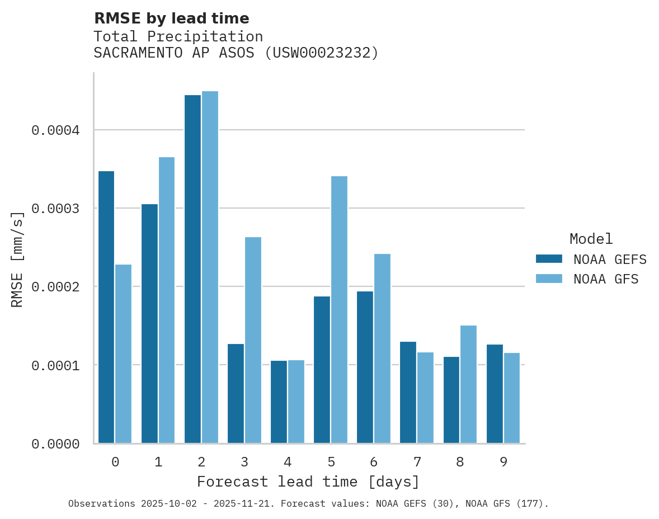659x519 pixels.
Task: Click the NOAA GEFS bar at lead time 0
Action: coord(106,307)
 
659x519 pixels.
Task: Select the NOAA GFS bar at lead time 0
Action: coord(124,353)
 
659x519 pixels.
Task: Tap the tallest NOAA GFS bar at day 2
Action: coord(210,267)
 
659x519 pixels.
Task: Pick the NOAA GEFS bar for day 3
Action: coord(236,393)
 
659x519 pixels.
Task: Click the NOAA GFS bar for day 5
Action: coord(339,309)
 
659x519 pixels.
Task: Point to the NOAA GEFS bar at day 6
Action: coord(365,367)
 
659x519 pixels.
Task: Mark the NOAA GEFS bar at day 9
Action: coord(495,394)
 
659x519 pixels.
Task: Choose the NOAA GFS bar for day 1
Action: coord(167,300)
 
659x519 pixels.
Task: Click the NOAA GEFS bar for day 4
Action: coord(279,402)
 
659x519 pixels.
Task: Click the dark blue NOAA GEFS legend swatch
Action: coord(549,258)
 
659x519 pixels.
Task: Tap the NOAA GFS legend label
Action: coord(605,279)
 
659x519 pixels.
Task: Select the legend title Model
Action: coord(591,239)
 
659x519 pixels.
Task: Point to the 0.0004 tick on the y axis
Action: coord(55,130)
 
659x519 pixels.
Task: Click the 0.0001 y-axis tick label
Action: coord(55,365)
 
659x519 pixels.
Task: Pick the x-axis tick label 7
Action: coord(417,462)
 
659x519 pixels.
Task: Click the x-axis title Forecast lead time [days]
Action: coord(308,482)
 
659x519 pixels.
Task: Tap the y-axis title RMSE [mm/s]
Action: coord(17,259)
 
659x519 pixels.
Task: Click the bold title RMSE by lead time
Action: coord(171,18)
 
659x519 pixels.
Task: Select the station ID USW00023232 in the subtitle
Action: coord(321,53)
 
